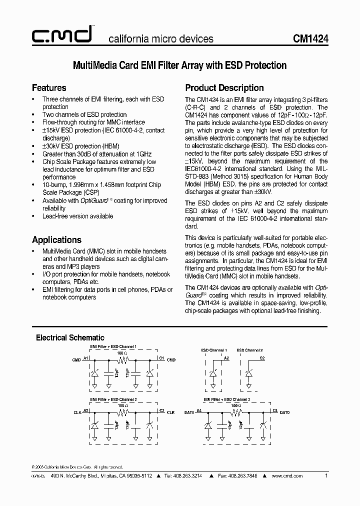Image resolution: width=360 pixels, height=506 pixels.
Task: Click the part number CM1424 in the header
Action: (310, 38)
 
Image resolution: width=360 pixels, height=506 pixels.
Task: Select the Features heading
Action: (49, 87)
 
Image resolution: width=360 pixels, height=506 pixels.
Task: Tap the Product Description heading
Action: (224, 87)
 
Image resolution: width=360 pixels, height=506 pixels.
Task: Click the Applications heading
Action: (56, 239)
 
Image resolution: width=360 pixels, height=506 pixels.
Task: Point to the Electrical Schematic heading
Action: (70, 337)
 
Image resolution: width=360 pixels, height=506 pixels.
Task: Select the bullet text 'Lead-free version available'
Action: (77, 216)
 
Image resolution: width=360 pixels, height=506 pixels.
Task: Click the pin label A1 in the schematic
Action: (86, 358)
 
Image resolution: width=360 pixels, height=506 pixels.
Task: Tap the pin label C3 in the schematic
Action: (161, 410)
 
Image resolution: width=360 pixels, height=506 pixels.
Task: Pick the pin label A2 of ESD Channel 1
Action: (226, 358)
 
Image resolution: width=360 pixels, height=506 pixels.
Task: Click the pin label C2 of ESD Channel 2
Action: (262, 358)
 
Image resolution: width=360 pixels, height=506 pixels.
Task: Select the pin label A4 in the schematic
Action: (199, 410)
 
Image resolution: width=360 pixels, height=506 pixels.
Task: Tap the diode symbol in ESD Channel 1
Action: (213, 373)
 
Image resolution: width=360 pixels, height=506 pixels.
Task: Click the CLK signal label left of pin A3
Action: (76, 411)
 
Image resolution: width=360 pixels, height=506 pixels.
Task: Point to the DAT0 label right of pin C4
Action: (284, 411)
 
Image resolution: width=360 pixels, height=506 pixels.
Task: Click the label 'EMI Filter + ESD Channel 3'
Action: (226, 400)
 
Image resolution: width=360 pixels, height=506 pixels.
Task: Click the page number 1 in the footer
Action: (326, 476)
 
